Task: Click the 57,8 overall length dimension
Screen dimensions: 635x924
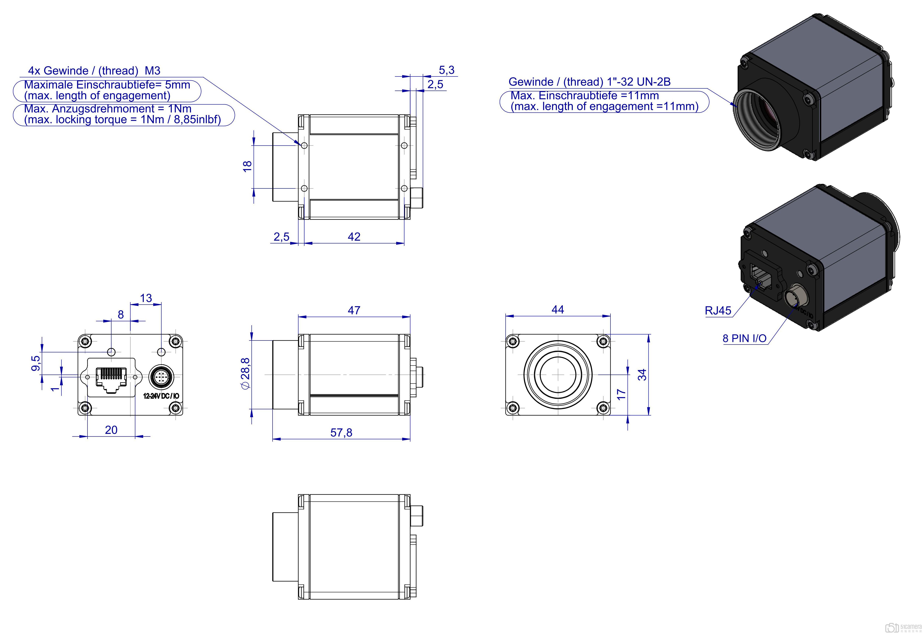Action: [x=341, y=432]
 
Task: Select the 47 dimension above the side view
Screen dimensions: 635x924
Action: [x=354, y=310]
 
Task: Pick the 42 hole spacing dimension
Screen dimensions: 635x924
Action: [x=354, y=237]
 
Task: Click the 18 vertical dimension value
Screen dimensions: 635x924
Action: [x=247, y=166]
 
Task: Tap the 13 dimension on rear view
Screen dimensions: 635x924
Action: [x=146, y=298]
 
